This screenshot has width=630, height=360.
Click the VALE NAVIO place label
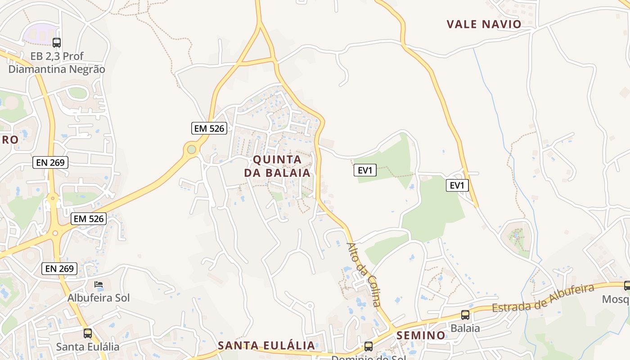[x=484, y=24]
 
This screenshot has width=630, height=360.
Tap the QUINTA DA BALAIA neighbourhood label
[x=277, y=166]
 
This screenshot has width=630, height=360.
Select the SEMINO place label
[x=421, y=335]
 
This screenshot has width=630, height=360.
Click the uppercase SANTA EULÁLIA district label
[x=266, y=346]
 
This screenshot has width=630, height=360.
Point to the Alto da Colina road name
[x=364, y=274]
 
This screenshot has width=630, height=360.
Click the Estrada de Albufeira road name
[x=544, y=298]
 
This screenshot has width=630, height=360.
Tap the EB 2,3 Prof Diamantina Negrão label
[x=57, y=63]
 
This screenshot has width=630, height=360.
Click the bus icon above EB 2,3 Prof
[x=57, y=43]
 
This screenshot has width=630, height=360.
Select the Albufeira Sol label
[x=99, y=298]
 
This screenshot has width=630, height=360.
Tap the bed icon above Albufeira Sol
[x=99, y=284]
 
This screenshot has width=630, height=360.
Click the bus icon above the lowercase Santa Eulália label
[x=88, y=333]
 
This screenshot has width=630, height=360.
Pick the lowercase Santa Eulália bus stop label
[x=88, y=347]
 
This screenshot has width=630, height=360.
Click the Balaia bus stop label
[x=465, y=328]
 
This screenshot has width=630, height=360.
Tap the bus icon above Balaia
[x=465, y=315]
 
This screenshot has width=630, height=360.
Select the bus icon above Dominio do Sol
[x=369, y=346]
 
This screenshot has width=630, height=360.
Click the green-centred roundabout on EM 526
[x=192, y=149]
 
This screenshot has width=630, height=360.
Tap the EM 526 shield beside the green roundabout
[x=209, y=128]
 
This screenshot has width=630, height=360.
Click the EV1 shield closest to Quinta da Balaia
[x=365, y=170]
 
